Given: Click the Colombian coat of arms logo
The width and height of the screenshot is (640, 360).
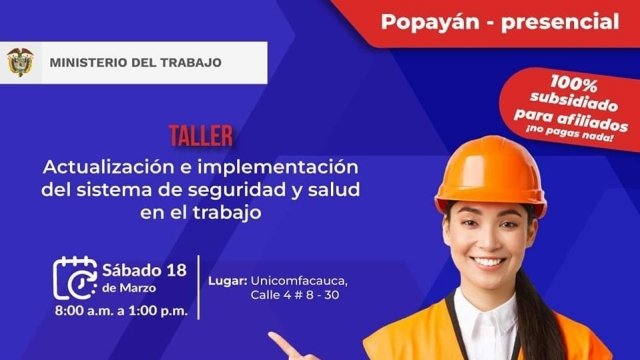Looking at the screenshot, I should pyautogui.click(x=20, y=63).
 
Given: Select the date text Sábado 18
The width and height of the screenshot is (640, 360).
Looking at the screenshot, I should pyautogui.click(x=144, y=269).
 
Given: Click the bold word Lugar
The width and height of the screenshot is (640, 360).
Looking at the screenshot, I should pyautogui.click(x=227, y=280).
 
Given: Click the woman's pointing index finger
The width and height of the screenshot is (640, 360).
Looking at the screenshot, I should pyautogui.click(x=285, y=346).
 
